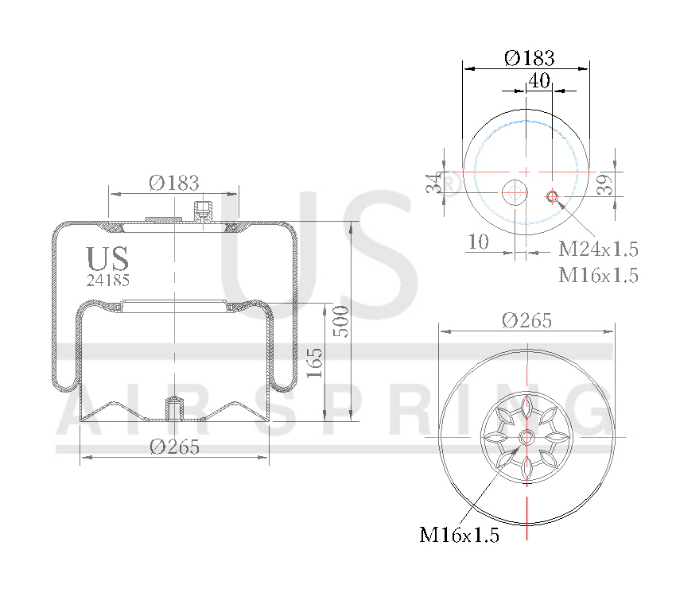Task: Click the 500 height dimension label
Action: pos(340,321)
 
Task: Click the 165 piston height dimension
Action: pos(314,363)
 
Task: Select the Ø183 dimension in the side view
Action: pos(173,183)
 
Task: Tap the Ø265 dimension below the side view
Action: pos(175,447)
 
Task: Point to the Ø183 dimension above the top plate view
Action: pos(530,58)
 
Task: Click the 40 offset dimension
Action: pos(539,80)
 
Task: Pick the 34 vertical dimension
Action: pos(433,184)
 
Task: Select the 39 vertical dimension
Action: pos(605,184)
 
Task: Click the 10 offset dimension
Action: pos(478,242)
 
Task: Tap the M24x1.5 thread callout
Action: pos(598,249)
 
